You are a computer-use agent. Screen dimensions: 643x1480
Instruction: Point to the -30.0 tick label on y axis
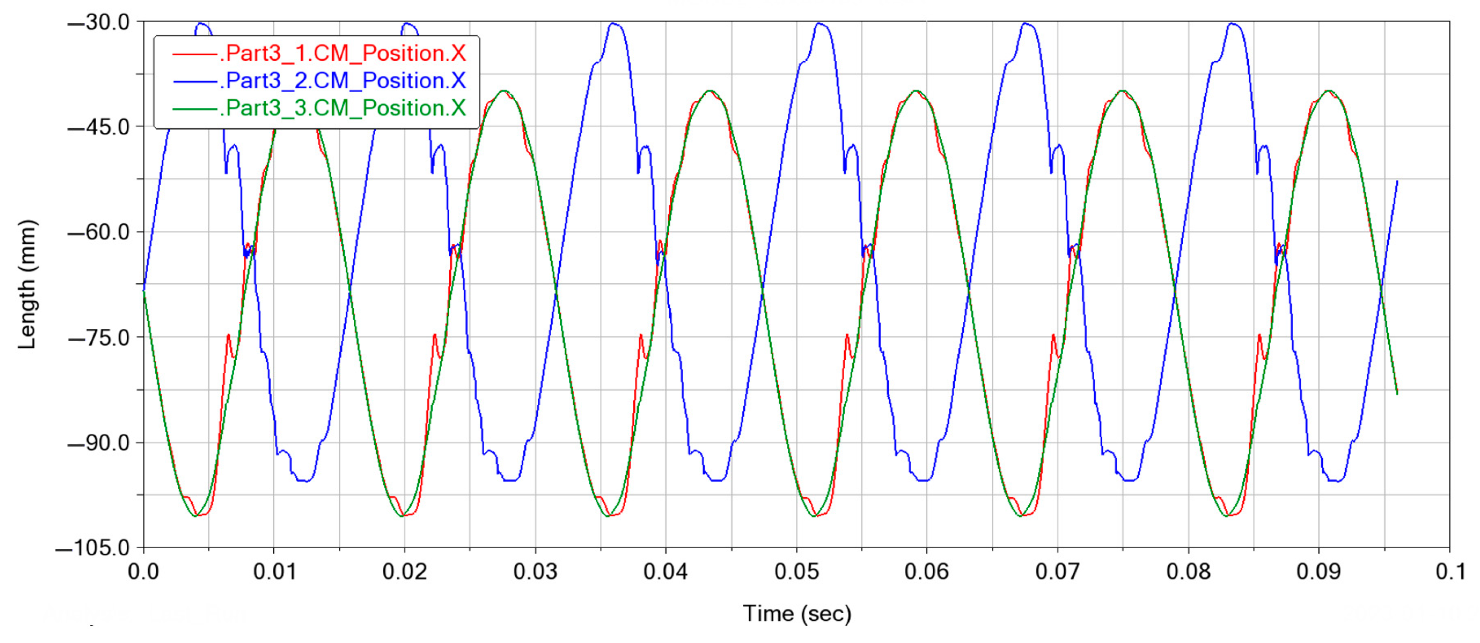[99, 22]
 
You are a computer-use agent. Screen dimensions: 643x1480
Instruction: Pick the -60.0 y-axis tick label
[99, 233]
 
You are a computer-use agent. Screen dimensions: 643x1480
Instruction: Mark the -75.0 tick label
[99, 337]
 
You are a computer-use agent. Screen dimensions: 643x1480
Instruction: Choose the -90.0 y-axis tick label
[99, 443]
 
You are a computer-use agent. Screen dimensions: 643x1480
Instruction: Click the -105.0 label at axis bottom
[93, 548]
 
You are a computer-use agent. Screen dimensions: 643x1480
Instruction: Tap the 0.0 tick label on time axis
[143, 572]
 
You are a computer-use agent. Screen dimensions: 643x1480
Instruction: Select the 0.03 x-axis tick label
[535, 572]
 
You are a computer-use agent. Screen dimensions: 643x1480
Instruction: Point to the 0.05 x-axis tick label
[797, 572]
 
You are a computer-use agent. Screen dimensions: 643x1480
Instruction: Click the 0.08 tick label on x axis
[1188, 572]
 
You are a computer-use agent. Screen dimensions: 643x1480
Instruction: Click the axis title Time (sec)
[797, 614]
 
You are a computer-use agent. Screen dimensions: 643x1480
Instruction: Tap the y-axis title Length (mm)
[27, 284]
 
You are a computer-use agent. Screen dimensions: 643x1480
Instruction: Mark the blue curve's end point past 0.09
[1397, 181]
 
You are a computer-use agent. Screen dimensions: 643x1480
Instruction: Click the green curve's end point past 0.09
[1397, 393]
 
